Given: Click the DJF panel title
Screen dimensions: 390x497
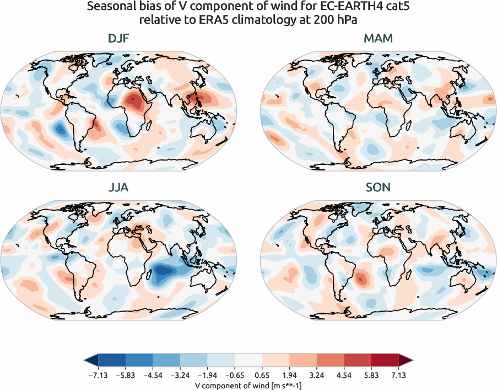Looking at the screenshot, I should coord(119,39).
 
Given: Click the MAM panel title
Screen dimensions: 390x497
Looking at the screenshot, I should coord(379,39).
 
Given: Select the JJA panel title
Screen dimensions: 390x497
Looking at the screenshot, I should coord(119,188).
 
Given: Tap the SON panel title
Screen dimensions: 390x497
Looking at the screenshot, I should coord(379,188).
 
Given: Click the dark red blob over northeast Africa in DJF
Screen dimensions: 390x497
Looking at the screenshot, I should coord(133,101).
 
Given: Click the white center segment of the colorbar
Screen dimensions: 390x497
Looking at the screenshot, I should coord(248,360).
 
